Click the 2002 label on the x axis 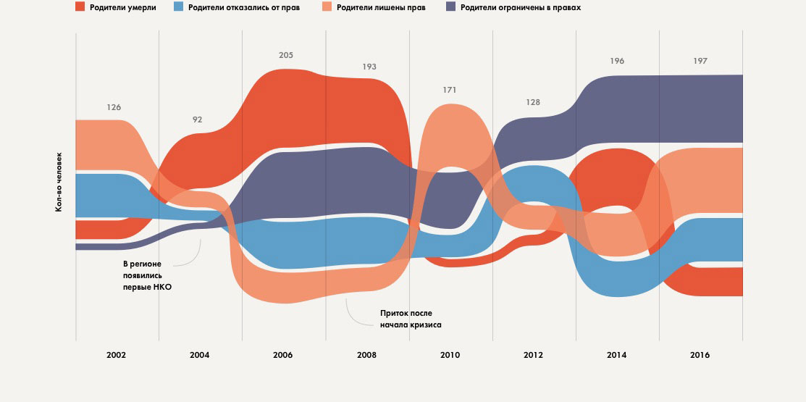pyautogui.click(x=117, y=356)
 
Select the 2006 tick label pyautogui.click(x=283, y=356)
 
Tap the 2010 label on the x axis pyautogui.click(x=450, y=356)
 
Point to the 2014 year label pyautogui.click(x=617, y=356)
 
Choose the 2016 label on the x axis pyautogui.click(x=700, y=356)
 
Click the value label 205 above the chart pyautogui.click(x=287, y=55)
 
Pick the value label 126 pyautogui.click(x=114, y=107)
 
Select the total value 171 pyautogui.click(x=450, y=90)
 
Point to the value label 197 pyautogui.click(x=700, y=61)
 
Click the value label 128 pyautogui.click(x=533, y=102)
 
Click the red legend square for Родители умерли pyautogui.click(x=80, y=7)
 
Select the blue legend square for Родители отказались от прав pyautogui.click(x=178, y=7)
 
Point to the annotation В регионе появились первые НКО pyautogui.click(x=148, y=276)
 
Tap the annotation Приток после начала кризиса pyautogui.click(x=411, y=319)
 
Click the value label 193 pyautogui.click(x=370, y=67)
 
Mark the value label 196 pyautogui.click(x=617, y=61)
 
